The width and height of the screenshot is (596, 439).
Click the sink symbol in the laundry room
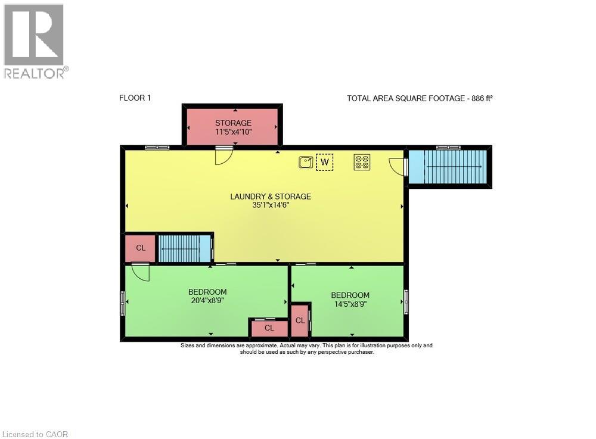(306, 162)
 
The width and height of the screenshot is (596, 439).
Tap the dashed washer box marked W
(325, 162)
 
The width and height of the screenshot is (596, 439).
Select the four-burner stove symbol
(362, 162)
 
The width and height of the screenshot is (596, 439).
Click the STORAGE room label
(233, 123)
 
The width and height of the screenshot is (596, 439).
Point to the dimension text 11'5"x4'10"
(233, 132)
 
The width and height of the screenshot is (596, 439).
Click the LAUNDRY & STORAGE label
(271, 197)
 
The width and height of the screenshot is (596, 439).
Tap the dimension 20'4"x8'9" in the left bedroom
(207, 300)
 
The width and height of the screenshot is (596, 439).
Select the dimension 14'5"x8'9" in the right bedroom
(350, 304)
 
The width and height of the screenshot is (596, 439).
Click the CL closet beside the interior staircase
(141, 248)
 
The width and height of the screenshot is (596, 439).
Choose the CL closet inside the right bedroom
(300, 320)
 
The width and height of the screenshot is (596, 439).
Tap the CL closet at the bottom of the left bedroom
(269, 328)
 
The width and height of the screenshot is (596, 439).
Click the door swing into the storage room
(223, 157)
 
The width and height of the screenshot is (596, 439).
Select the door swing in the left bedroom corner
(140, 273)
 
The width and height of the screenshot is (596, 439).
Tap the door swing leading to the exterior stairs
(397, 167)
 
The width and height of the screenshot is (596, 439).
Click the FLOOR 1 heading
(135, 98)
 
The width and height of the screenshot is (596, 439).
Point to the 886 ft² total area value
(482, 98)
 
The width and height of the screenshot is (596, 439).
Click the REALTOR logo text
(36, 73)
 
